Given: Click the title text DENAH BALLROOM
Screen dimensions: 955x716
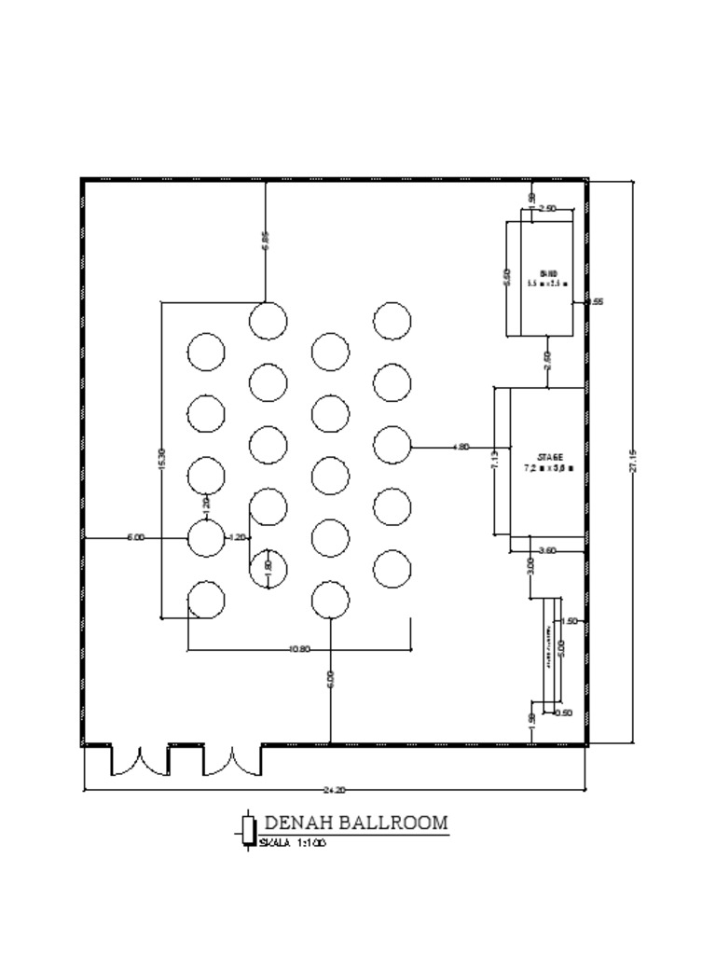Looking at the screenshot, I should click(x=356, y=824).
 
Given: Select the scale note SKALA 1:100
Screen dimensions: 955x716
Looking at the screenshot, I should click(x=293, y=843).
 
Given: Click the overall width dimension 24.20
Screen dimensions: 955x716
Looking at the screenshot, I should click(x=334, y=790).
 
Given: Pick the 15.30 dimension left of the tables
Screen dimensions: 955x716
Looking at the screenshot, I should click(x=162, y=458).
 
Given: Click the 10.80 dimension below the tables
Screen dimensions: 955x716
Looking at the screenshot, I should click(x=300, y=649).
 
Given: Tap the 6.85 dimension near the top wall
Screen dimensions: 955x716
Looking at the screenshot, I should click(x=266, y=241).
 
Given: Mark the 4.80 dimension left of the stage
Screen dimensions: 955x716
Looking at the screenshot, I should click(x=461, y=448).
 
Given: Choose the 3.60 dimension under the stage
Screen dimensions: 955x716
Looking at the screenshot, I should click(x=548, y=551).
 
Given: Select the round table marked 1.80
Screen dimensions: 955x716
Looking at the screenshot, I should click(x=268, y=569).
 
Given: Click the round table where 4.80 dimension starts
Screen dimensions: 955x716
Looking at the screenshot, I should click(x=392, y=446).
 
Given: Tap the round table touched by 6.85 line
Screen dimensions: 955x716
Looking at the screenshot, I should click(x=268, y=321).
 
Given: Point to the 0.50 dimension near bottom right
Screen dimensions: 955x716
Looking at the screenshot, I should click(x=564, y=713).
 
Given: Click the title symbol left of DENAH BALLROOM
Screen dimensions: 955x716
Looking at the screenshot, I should click(x=248, y=828).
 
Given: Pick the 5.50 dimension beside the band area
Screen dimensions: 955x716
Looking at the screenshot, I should click(x=507, y=278).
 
